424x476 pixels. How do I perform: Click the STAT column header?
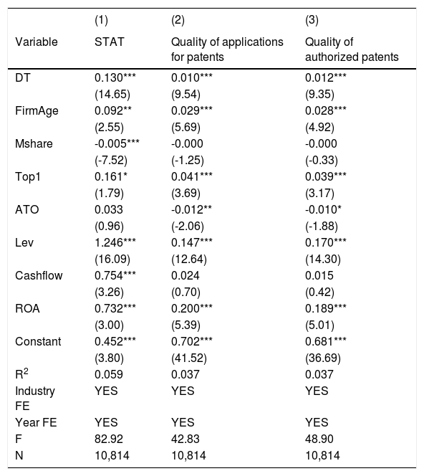click(109, 42)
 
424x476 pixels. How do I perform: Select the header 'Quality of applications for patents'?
click(227, 49)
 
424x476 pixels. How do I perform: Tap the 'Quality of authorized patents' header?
click(352, 49)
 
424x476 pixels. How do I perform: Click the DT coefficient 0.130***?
click(115, 77)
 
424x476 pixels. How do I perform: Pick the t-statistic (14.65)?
click(112, 95)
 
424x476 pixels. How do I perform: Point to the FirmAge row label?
click(37, 111)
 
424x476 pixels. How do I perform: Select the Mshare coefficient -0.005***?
click(117, 143)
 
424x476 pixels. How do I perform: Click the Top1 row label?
click(28, 176)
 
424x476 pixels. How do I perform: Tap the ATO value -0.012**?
click(192, 209)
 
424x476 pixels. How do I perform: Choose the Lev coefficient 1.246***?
click(115, 242)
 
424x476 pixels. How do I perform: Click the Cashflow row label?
click(39, 275)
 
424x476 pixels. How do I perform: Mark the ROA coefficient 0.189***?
click(326, 308)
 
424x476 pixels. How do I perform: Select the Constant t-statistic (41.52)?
click(189, 358)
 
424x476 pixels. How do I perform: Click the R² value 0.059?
click(109, 374)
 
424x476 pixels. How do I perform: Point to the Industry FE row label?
click(35, 399)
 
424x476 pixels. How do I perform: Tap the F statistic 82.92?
click(109, 439)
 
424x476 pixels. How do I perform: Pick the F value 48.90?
click(319, 439)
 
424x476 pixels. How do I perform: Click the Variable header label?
click(37, 42)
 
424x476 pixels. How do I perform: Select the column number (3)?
click(312, 20)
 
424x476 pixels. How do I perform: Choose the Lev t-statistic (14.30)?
click(323, 260)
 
